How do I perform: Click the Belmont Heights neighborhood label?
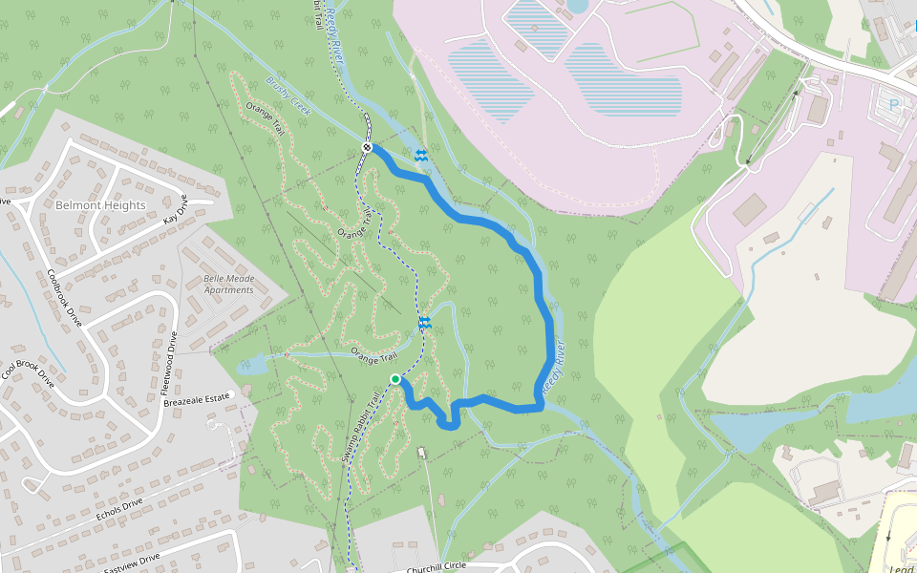(100, 205)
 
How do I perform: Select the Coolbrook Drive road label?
(65, 297)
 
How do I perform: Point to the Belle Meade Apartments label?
(228, 284)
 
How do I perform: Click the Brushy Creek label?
(289, 96)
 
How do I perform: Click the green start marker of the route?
(395, 379)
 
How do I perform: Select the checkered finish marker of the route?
(367, 146)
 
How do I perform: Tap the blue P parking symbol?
(894, 103)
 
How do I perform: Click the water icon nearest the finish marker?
(420, 155)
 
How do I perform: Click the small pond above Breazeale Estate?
(250, 364)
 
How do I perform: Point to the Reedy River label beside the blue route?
(555, 367)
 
